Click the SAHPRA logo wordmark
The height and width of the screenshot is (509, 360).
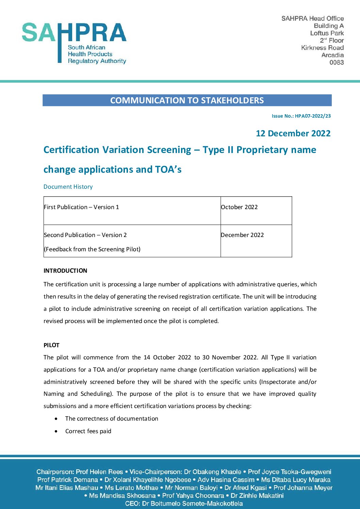74,33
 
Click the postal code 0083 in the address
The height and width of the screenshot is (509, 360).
336,63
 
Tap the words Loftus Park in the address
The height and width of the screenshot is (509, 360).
327,33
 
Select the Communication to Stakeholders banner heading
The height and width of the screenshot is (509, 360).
187,101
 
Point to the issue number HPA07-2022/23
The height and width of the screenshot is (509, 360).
312,116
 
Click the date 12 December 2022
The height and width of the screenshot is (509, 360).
293,133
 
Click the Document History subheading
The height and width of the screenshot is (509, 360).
68,187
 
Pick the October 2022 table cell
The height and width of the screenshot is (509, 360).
239,207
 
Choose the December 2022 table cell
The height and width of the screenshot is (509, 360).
242,235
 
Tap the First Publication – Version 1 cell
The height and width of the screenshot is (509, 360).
81,207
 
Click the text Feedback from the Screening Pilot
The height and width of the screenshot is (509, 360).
92,249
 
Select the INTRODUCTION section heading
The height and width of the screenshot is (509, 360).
65,271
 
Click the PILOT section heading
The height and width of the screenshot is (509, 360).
51,345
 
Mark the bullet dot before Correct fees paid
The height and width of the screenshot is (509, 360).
56,431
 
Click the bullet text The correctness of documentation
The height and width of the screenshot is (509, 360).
112,419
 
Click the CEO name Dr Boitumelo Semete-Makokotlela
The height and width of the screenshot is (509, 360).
192,504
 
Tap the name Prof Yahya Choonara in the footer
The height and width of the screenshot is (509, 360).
193,496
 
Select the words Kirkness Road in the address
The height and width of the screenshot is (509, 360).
322,48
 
